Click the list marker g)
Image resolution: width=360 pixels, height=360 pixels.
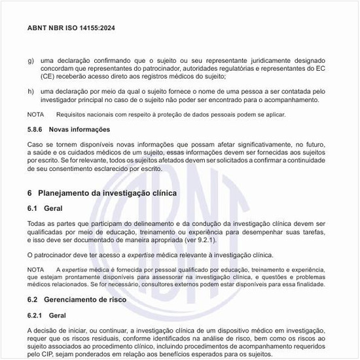click(31, 60)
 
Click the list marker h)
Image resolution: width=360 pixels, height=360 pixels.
click(31, 90)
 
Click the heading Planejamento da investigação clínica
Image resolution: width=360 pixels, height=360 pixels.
click(107, 193)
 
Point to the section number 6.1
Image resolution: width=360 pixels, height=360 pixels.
click(33, 208)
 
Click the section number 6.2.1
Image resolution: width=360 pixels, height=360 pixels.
click(37, 314)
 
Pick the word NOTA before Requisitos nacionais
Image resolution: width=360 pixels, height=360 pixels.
click(36, 115)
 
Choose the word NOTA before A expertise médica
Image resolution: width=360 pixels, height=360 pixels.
click(36, 270)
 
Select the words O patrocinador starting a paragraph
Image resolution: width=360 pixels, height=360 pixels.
click(50, 255)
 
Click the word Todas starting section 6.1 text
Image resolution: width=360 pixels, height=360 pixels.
click(37, 224)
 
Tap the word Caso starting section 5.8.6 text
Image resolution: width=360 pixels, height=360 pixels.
click(37, 143)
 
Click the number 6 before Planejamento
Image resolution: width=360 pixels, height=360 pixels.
click(30, 193)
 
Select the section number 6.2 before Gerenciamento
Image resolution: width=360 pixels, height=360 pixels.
click(33, 298)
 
